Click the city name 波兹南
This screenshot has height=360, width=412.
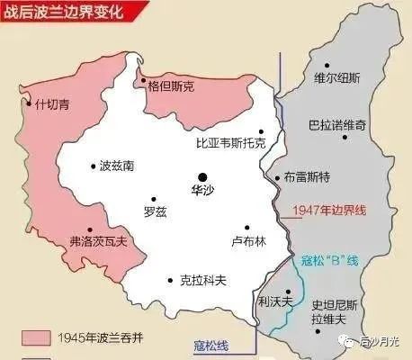click(118, 166)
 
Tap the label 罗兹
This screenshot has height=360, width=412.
click(156, 212)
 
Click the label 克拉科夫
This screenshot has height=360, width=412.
click(202, 280)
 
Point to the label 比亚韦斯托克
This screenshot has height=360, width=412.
click(231, 144)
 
